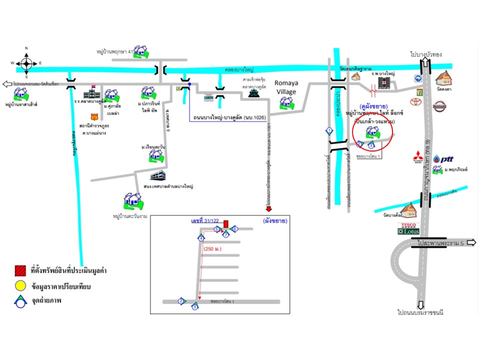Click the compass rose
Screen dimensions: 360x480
coord(26,63)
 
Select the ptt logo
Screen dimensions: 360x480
coord(443,158)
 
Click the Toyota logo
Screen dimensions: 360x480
coord(413,102)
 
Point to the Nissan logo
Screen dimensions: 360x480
coord(439,106)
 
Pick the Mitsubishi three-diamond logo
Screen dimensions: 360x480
coord(417,158)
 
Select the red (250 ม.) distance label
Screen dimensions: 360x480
coord(213,248)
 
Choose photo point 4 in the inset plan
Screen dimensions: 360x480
coord(201,237)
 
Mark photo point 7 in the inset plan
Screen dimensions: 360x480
coord(226,233)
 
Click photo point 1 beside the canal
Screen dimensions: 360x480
coord(329,131)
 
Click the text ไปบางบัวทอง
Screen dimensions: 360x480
coord(426,54)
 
